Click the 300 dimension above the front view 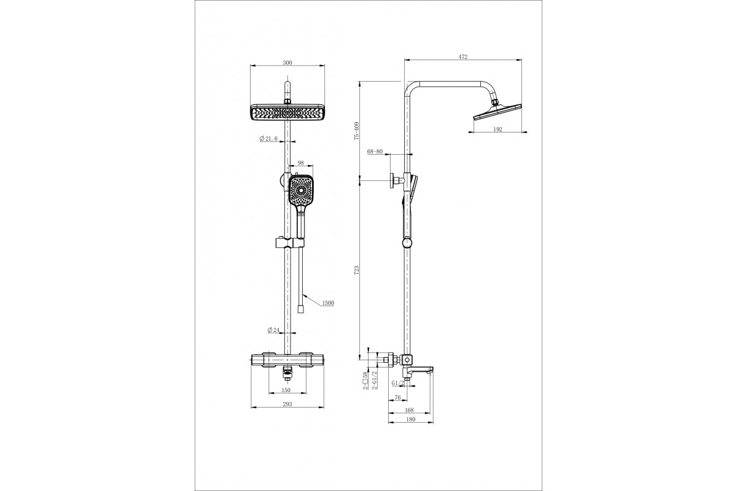tap(287, 63)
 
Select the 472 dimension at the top tap(463, 57)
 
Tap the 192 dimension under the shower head tap(498, 130)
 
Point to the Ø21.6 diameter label tap(268, 139)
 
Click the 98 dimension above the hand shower tap(300, 163)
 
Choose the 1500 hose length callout tap(328, 303)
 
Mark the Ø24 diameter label tap(273, 330)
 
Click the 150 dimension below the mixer tap(286, 390)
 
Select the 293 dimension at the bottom tap(287, 404)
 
